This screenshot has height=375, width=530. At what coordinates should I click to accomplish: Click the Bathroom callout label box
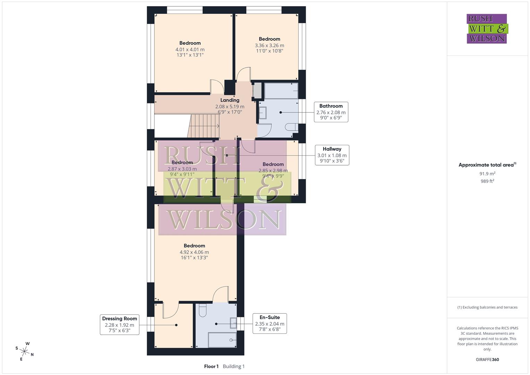331,112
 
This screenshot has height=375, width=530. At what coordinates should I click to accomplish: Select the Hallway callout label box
332,155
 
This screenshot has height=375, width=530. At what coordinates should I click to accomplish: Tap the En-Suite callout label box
269,323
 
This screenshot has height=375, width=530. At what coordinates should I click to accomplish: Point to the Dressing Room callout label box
119,325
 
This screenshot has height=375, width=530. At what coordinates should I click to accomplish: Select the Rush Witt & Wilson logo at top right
487,28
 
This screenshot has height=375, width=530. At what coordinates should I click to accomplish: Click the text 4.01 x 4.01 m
190,49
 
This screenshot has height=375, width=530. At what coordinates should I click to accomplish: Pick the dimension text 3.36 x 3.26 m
269,45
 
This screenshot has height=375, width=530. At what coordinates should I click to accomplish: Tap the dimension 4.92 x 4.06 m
194,252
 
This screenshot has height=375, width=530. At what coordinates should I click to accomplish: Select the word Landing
230,100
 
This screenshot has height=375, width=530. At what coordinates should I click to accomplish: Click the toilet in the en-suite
203,310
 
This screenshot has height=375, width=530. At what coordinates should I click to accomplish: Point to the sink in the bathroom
262,113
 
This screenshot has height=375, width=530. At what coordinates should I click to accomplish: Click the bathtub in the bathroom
281,91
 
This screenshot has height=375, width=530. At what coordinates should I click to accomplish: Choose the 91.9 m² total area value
487,174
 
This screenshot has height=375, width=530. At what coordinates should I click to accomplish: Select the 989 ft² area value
487,181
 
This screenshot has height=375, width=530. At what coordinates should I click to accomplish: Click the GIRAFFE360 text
487,359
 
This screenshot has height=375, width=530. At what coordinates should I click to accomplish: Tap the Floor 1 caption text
211,366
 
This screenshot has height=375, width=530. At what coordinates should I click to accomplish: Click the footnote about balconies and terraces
487,307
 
